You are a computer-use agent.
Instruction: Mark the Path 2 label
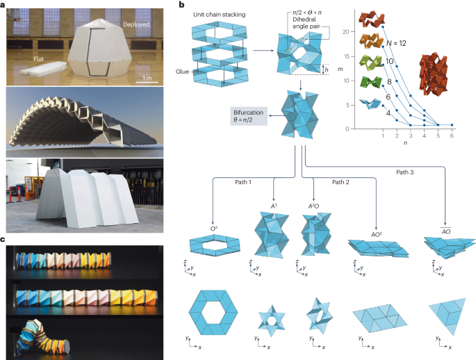(341, 182)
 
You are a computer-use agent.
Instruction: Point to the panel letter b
(181, 5)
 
